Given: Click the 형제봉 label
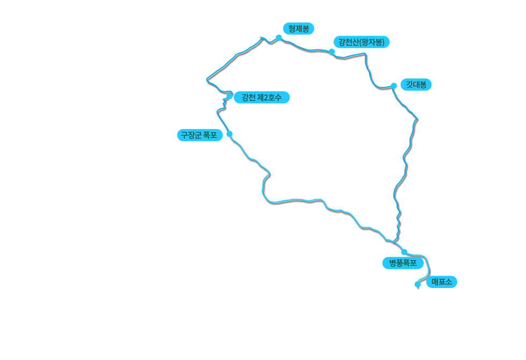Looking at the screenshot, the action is tap(299, 29).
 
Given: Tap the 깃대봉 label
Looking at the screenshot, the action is tap(416, 84).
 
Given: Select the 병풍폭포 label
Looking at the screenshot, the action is tap(402, 263).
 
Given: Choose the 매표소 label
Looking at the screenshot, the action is tap(442, 282).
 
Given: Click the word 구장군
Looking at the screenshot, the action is tap(191, 135).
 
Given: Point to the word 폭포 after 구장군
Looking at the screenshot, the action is tap(210, 135).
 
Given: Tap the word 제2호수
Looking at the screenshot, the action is tap(269, 98).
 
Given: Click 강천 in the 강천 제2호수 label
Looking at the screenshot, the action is tap(249, 98).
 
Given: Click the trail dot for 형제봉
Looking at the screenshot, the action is tap(279, 38).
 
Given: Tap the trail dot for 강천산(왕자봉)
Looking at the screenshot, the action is tap(332, 52).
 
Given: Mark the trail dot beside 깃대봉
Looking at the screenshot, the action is tap(394, 86).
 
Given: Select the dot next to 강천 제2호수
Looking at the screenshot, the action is tap(229, 96).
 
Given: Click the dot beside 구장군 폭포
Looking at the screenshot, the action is tap(229, 134).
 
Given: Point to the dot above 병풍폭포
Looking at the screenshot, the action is tap(404, 252).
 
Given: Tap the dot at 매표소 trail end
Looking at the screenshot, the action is tap(417, 285).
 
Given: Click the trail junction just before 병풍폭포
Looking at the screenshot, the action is tap(394, 242).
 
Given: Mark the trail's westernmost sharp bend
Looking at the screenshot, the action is tap(207, 80).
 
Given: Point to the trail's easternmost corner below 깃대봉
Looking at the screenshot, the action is tap(417, 119).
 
